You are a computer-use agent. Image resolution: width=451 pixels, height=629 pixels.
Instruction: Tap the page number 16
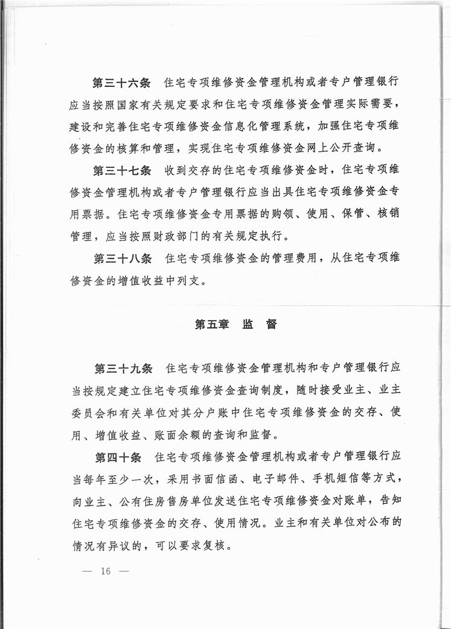coord(107,571)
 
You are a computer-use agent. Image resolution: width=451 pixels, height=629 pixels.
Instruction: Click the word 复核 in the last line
coord(214,543)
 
